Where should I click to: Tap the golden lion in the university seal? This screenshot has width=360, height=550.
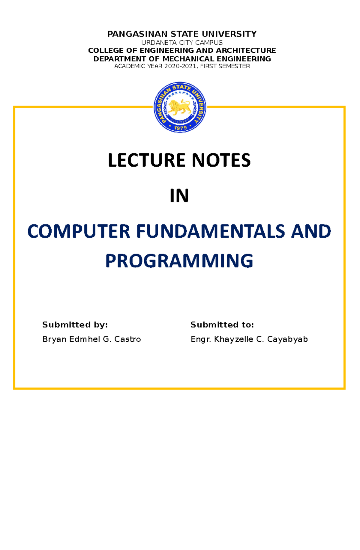(x=179, y=107)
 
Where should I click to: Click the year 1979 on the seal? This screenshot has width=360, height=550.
(x=180, y=128)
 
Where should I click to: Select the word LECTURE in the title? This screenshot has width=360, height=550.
(x=147, y=160)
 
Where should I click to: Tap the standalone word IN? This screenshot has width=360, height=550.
(x=179, y=196)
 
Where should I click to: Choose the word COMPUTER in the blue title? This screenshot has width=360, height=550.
(x=79, y=232)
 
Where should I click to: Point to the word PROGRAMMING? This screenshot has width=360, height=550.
(x=179, y=261)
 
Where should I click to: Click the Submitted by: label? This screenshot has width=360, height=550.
(x=75, y=325)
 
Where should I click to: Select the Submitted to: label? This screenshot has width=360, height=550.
(x=222, y=325)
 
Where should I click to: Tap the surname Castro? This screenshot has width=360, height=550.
(x=127, y=339)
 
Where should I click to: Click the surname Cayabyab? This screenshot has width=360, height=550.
(x=287, y=339)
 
